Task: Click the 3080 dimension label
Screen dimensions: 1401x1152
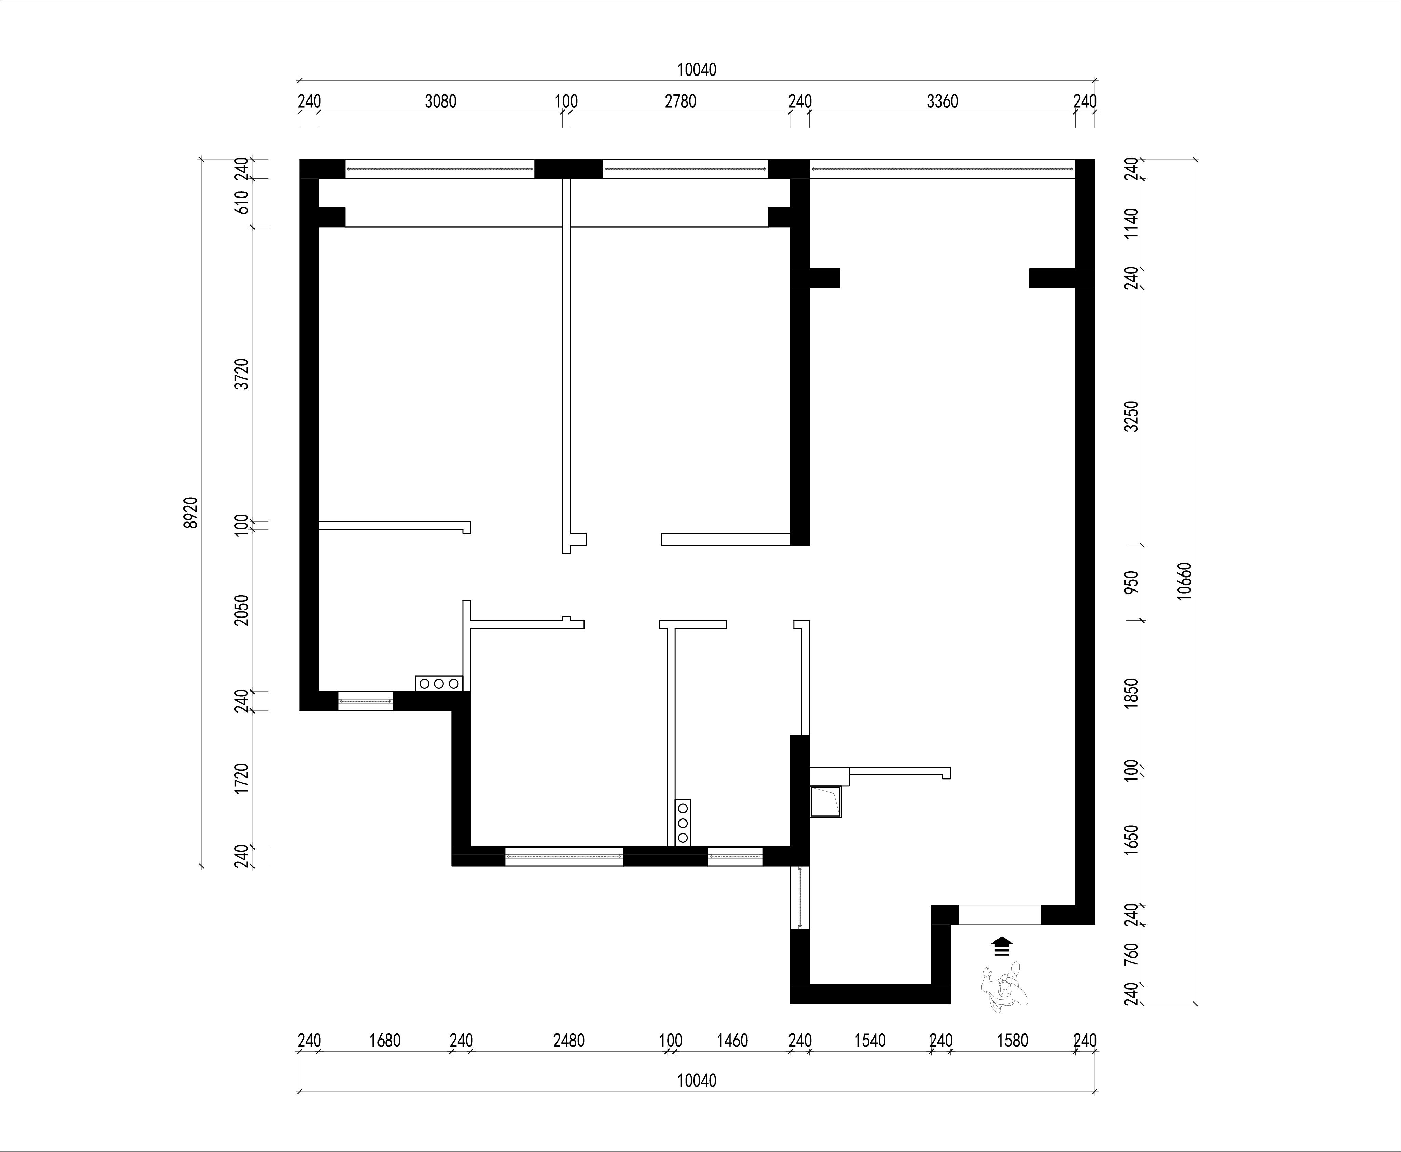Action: point(440,101)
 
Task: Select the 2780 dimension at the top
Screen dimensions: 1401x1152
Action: point(681,101)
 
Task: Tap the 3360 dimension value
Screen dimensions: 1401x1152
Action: point(943,101)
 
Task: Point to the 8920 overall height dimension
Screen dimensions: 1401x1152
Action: point(191,512)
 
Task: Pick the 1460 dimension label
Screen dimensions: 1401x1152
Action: point(732,1041)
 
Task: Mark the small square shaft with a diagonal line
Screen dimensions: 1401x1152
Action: point(825,802)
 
